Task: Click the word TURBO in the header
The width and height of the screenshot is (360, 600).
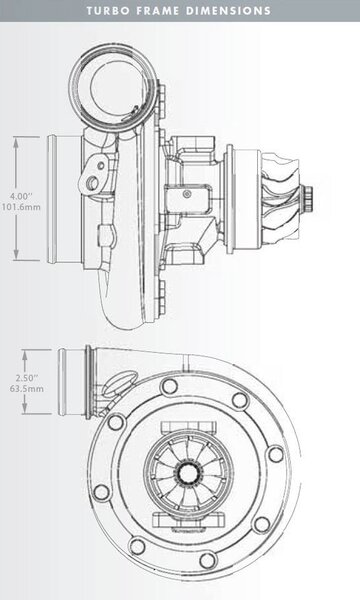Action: tap(108, 10)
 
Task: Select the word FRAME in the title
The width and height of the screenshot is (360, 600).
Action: tap(158, 10)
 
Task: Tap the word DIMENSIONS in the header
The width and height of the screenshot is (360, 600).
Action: tap(229, 10)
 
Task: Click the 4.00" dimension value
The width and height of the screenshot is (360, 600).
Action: tap(21, 196)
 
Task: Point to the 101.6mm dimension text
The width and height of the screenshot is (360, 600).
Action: tap(21, 207)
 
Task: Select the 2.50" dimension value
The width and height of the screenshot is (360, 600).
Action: tap(27, 378)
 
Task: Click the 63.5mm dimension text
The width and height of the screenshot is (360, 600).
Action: tap(27, 389)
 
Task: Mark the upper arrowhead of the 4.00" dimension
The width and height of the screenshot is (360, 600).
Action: tap(16, 142)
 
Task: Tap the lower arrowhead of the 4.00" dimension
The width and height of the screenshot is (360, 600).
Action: tap(16, 254)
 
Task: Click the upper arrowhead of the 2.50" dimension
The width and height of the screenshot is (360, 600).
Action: tap(25, 355)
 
